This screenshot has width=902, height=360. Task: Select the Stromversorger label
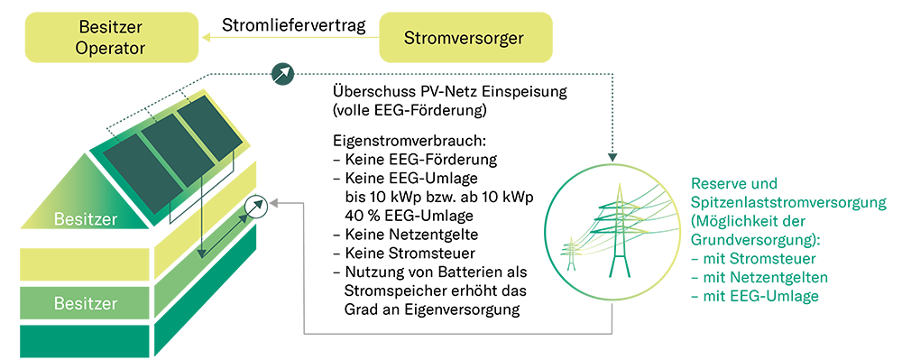click(464, 38)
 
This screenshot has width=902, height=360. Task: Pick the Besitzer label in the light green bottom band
click(86, 303)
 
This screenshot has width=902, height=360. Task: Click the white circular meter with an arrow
click(256, 208)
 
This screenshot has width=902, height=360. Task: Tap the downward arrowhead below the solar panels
click(202, 254)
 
